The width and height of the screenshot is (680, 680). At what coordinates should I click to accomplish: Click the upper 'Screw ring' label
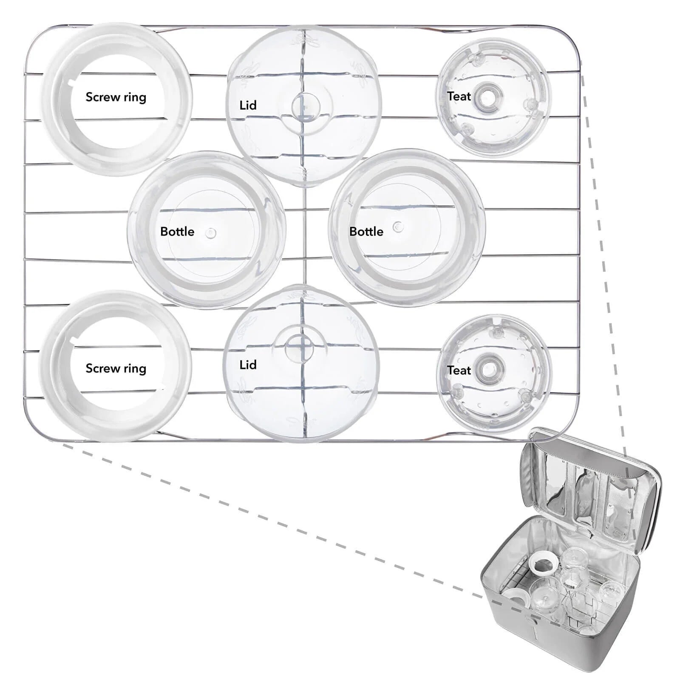click(x=116, y=97)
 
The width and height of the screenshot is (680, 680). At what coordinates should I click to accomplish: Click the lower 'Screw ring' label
click(x=116, y=368)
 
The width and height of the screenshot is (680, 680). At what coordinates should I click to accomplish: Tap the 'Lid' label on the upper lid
click(x=248, y=105)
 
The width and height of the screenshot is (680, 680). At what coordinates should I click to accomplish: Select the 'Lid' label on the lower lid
click(x=248, y=365)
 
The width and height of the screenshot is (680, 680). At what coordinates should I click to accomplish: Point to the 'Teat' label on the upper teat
click(x=459, y=96)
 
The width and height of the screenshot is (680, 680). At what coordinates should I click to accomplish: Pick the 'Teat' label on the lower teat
click(x=459, y=371)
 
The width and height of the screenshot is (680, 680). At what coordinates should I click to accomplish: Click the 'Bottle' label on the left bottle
click(x=177, y=232)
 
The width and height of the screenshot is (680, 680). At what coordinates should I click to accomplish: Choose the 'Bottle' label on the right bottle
click(x=366, y=232)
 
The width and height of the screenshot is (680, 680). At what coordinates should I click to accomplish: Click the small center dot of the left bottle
click(x=211, y=233)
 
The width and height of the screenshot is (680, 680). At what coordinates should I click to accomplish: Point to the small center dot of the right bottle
click(x=398, y=227)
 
